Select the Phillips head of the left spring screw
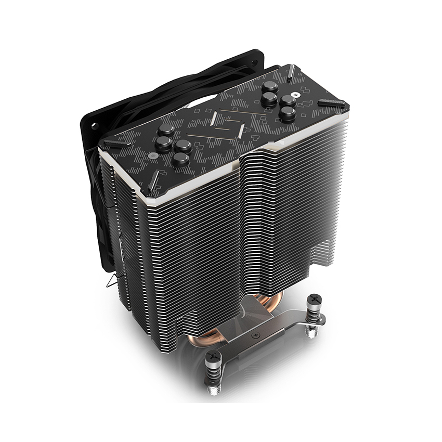point(214,357)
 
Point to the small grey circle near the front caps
point(154,157)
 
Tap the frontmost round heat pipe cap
point(180,159)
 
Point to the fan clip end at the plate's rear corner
point(291,70)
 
